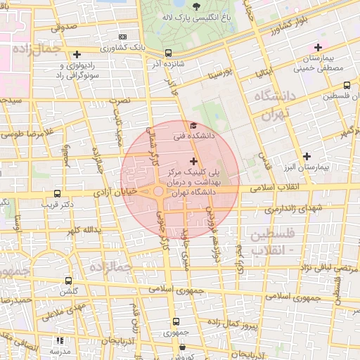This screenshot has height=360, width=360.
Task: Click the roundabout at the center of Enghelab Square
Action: tap(159, 191)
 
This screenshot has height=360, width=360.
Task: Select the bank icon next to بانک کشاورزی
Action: tap(124, 37)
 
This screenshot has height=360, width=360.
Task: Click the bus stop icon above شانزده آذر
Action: tap(168, 53)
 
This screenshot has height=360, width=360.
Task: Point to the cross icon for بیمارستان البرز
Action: tap(306, 156)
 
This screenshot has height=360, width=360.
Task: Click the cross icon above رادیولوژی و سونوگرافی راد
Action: tap(77, 53)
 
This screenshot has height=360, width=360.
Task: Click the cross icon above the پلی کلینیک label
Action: tap(193, 162)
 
